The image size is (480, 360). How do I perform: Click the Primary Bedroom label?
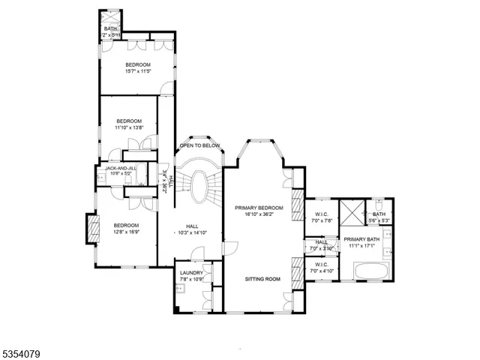pyautogui.click(x=259, y=207)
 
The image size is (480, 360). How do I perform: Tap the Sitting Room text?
pyautogui.click(x=262, y=278)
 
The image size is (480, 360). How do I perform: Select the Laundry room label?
pyautogui.click(x=191, y=273)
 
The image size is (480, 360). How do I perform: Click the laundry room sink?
pyautogui.click(x=181, y=287)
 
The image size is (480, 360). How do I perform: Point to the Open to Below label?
pyautogui.click(x=199, y=145)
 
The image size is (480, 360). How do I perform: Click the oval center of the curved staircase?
pyautogui.click(x=199, y=186)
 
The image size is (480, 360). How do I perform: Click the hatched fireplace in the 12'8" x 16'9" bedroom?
pyautogui.click(x=94, y=229)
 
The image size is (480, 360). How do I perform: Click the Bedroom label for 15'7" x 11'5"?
pyautogui.click(x=138, y=65)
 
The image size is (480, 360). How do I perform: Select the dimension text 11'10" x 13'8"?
pyautogui.click(x=128, y=127)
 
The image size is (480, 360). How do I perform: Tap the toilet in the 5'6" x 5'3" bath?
pyautogui.click(x=379, y=203)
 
